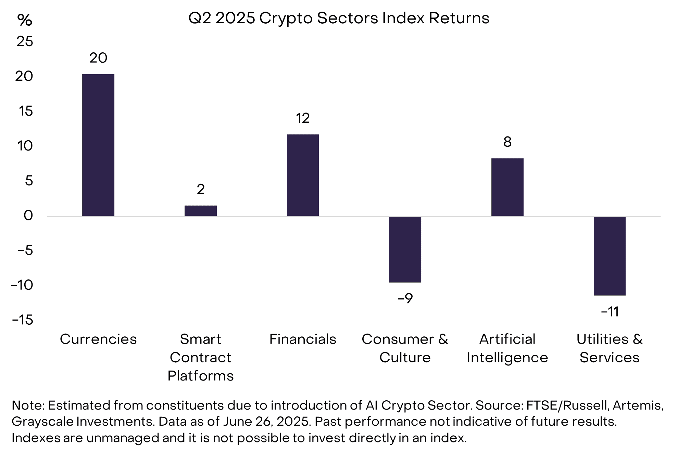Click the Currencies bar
(x=98, y=145)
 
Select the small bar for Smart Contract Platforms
(x=201, y=211)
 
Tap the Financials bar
(x=303, y=175)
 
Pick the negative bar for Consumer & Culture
(x=405, y=249)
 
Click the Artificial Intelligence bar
(x=507, y=187)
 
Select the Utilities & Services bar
(x=610, y=256)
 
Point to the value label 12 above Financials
(x=303, y=118)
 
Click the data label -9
(x=405, y=298)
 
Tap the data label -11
(x=610, y=312)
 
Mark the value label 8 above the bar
(x=507, y=142)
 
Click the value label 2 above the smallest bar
(x=201, y=189)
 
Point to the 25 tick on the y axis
(x=25, y=41)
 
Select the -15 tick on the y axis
(x=23, y=320)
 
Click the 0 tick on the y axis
(x=28, y=216)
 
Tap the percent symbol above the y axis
(x=25, y=20)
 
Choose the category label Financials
(x=303, y=339)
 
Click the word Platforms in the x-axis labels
(x=201, y=376)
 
